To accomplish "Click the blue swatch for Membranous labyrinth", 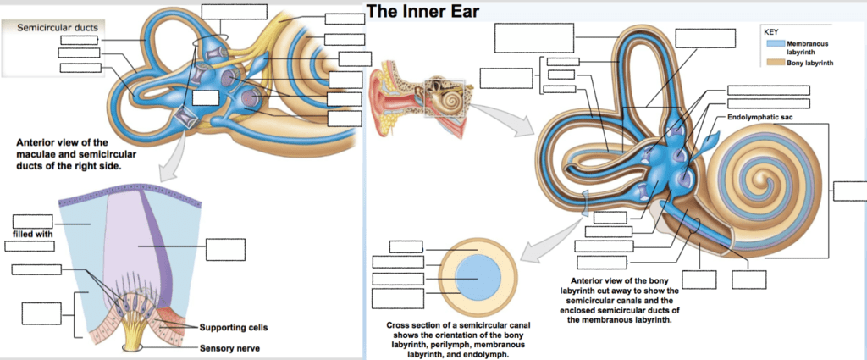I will pos(775,43).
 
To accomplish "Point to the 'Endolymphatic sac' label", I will pos(759,116).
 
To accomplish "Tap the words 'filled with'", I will pos(33,233).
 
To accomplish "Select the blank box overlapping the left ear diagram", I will pos(205,97).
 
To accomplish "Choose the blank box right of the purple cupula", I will pos(226,249).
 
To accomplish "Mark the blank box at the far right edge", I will pos(849,190).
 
